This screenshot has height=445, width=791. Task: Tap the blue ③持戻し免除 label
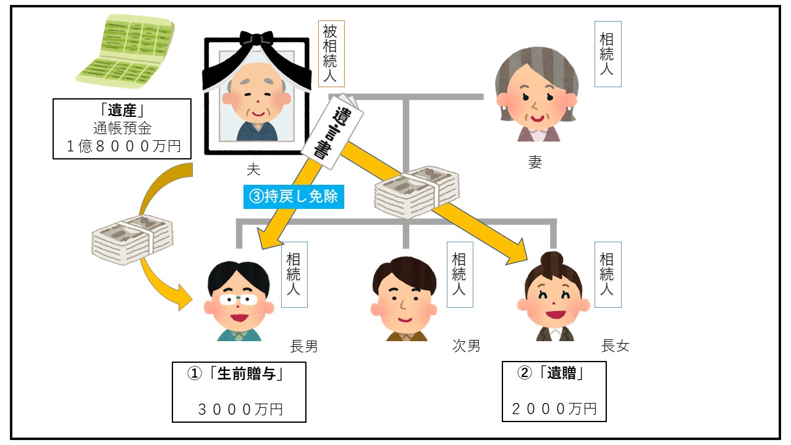point(293,197)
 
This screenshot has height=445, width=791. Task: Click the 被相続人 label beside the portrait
point(331,54)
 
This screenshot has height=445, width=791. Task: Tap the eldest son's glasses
point(239,300)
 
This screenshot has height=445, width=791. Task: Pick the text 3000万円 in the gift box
point(240,409)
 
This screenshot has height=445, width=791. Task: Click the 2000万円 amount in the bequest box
point(554,408)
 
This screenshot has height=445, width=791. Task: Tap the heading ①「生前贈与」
point(239,374)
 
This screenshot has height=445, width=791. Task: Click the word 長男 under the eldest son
point(303,346)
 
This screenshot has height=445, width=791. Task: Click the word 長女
point(615,346)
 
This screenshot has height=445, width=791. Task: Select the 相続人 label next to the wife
point(607,54)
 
